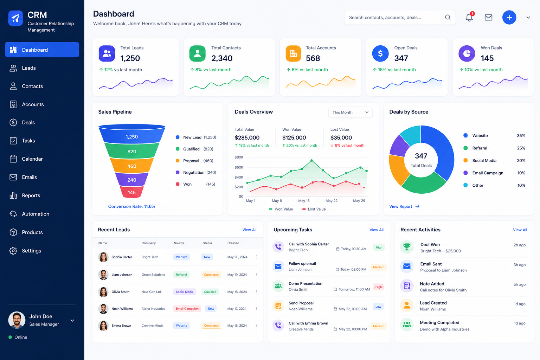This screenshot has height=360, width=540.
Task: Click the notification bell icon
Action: (469, 17)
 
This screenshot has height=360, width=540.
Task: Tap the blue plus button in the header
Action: (509, 17)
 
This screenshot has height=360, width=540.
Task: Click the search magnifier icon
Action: (448, 17)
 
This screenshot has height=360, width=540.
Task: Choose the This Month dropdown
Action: (350, 112)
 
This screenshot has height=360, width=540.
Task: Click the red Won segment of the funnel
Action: (131, 192)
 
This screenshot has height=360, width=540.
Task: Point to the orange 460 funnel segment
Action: (131, 166)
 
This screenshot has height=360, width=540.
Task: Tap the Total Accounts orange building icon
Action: (294, 53)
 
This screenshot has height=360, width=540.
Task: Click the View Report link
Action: (404, 206)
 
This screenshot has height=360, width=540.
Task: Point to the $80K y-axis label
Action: (239, 157)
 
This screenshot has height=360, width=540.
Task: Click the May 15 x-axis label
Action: (304, 201)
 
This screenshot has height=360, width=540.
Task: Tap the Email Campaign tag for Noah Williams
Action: (187, 309)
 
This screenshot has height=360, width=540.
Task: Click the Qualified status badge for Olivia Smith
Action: (210, 292)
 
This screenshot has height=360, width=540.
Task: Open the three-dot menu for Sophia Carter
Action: (256, 257)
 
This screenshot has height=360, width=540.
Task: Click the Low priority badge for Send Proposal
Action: (378, 307)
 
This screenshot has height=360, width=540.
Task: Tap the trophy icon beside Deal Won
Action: (407, 247)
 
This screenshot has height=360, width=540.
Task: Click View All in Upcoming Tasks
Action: (376, 230)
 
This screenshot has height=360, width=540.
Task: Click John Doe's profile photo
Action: (17, 320)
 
